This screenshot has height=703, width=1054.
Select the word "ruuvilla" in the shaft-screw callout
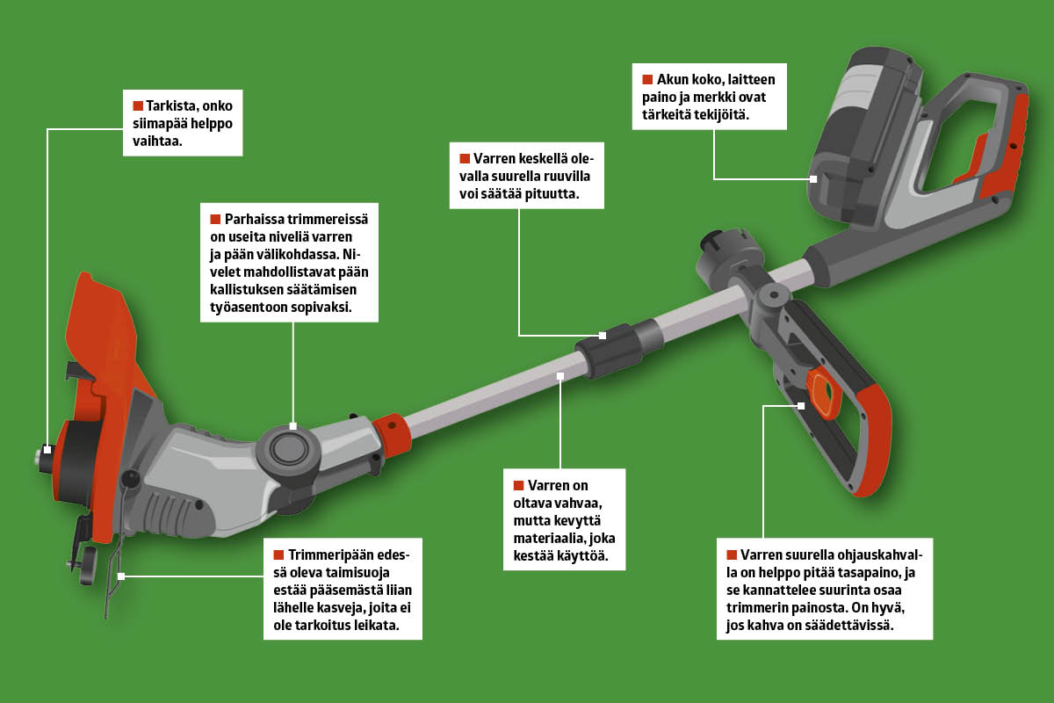tap(551, 177)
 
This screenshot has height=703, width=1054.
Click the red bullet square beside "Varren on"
tap(519, 484)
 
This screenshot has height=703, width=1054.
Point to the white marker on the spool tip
tap(46, 449)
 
